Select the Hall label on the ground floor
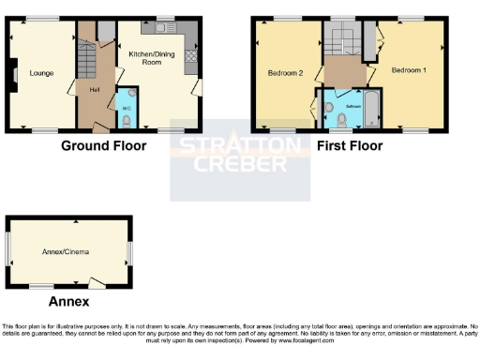95,89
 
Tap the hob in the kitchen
191,55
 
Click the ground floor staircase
87,62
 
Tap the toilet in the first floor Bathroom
330,111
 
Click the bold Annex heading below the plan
68,302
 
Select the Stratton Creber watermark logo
240,156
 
